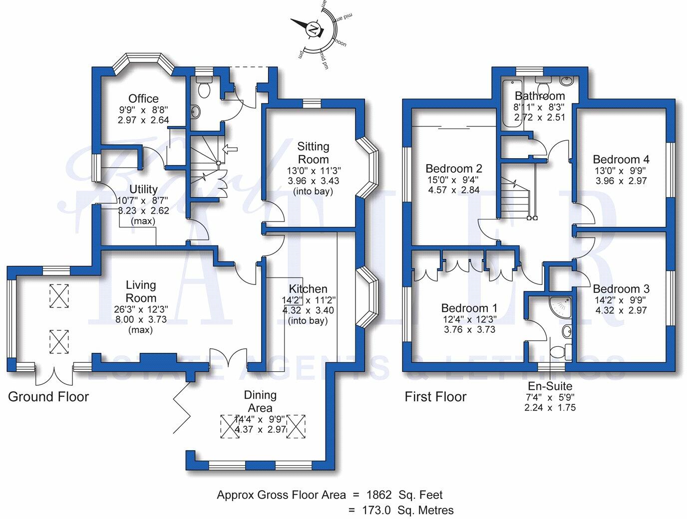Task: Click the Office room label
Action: point(143,98)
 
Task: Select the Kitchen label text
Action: point(308,289)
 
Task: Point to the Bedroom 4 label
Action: point(621,160)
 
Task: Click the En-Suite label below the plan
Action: point(550,386)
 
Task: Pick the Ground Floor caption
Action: point(48,397)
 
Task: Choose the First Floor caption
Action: point(435,397)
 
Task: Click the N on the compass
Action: point(314,29)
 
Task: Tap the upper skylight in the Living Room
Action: point(59,294)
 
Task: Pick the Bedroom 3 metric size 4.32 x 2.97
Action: point(621,310)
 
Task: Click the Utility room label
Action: point(143,189)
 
